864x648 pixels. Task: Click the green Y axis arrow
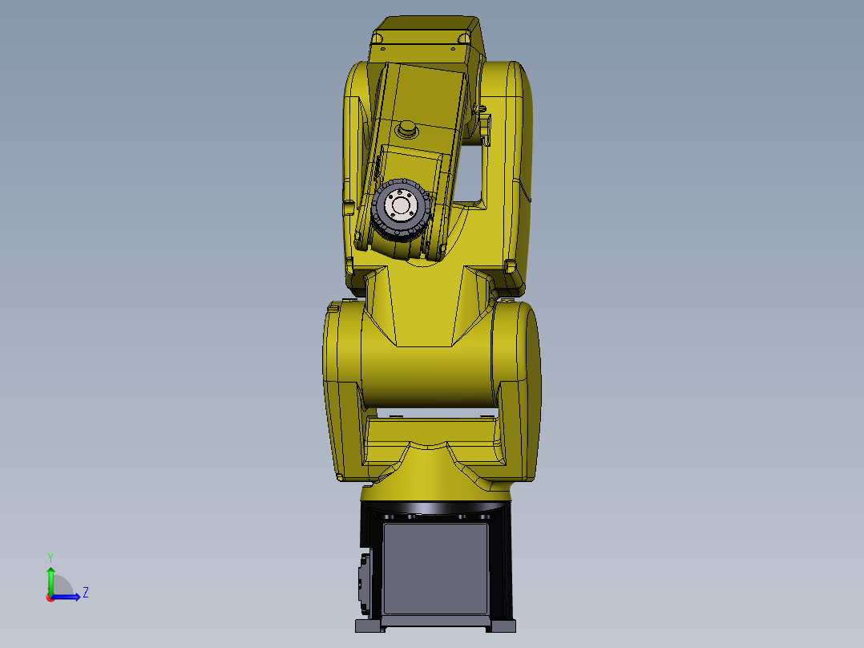coord(50,577)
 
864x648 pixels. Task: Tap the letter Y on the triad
coord(50,557)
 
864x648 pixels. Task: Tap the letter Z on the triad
coord(85,593)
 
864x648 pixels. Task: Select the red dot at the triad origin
coord(50,597)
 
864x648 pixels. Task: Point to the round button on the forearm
coord(408,128)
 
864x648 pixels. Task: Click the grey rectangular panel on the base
coord(435,568)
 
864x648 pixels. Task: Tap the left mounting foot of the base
coord(368,625)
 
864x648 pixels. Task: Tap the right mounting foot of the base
coord(504,625)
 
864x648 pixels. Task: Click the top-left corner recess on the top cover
coord(379,38)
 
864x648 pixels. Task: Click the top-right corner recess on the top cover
coord(463,38)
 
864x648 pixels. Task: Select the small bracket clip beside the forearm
coord(485,129)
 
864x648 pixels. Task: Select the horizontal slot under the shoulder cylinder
coord(433,415)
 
